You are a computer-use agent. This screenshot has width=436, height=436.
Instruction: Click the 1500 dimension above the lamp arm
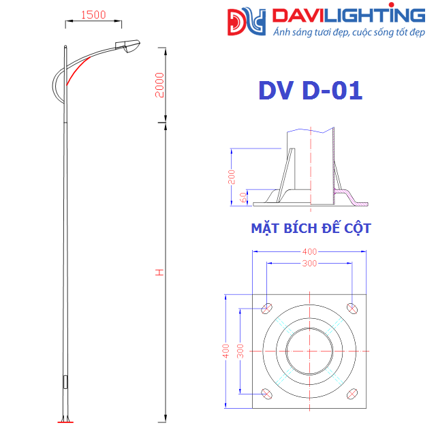pyautogui.click(x=93, y=15)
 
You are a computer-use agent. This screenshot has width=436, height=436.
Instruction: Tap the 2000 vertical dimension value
pyautogui.click(x=159, y=85)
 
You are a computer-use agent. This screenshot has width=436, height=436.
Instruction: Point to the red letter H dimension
pyautogui.click(x=159, y=272)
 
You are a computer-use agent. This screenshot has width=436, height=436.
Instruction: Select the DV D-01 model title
pyautogui.click(x=311, y=91)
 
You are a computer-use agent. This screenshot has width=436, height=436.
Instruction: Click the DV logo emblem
pyautogui.click(x=247, y=22)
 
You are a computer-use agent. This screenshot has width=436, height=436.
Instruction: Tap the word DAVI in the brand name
pyautogui.click(x=298, y=16)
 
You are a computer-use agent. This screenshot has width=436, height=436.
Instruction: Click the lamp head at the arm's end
pyautogui.click(x=127, y=46)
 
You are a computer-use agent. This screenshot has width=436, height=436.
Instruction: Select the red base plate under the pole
pyautogui.click(x=65, y=422)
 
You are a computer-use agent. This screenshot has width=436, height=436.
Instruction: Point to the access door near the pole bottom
pyautogui.click(x=65, y=382)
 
